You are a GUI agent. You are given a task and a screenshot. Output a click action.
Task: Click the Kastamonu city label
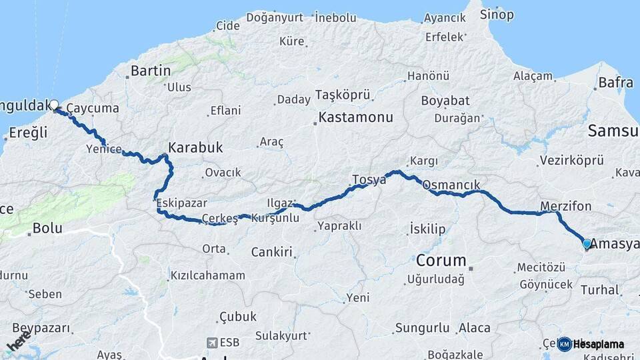(x=356, y=117)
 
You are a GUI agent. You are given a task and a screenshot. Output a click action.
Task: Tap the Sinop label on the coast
(x=497, y=14)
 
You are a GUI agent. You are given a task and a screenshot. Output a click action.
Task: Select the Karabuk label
(x=195, y=147)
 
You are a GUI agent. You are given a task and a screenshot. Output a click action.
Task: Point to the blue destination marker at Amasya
(x=587, y=244)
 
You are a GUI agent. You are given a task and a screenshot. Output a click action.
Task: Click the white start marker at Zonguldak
(x=54, y=105)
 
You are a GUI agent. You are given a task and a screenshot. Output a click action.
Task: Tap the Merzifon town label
(x=566, y=206)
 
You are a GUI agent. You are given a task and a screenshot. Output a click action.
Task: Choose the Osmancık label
(x=451, y=185)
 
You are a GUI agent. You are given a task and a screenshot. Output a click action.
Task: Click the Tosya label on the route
(x=369, y=179)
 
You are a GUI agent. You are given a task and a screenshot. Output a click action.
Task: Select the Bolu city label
(x=47, y=228)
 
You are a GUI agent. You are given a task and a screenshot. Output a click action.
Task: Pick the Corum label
(x=441, y=259)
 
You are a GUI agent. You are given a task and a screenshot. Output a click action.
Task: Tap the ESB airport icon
(x=212, y=343)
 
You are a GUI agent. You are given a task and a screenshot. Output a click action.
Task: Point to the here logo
(x=19, y=341)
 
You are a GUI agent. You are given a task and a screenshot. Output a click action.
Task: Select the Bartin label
(x=150, y=70)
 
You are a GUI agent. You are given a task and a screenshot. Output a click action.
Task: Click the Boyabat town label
(x=445, y=101)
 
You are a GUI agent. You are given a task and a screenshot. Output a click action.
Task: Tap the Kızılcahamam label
(x=207, y=275)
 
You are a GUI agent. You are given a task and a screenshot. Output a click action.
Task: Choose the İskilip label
(x=427, y=229)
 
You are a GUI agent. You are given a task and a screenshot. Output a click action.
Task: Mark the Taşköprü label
(x=342, y=95)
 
